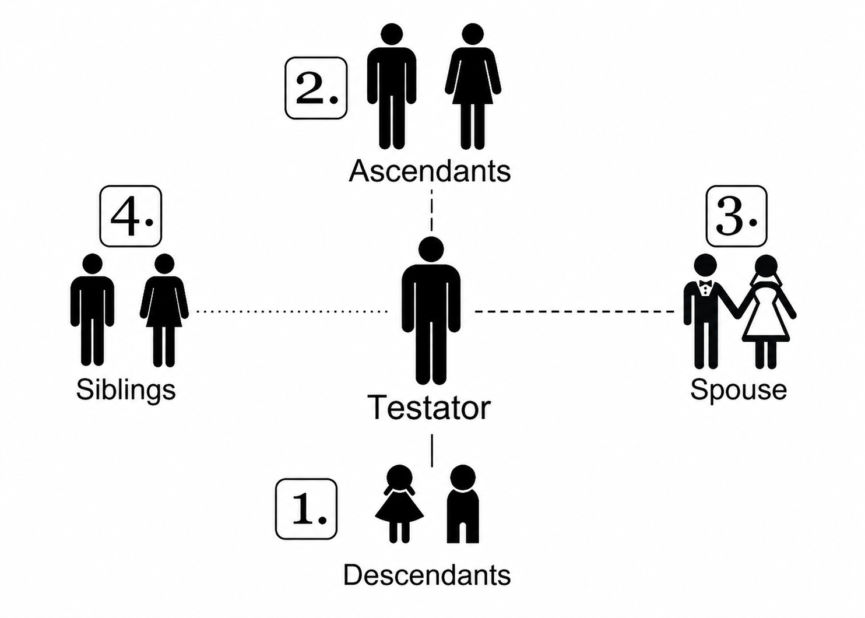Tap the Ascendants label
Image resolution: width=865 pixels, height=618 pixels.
430,171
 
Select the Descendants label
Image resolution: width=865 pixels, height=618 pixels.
427,575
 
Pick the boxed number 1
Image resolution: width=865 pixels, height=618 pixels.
306,509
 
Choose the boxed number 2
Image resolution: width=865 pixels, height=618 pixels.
316,88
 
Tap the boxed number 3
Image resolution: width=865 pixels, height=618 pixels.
736,216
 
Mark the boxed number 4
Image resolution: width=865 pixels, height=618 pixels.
131,216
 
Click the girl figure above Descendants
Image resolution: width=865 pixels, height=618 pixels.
399,504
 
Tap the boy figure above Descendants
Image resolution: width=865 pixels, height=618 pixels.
463,504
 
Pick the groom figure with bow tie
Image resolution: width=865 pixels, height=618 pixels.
706,311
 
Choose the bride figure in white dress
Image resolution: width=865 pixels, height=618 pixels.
766,311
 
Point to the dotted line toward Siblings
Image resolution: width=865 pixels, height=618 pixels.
291,311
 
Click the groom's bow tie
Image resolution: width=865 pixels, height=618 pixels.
705,284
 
